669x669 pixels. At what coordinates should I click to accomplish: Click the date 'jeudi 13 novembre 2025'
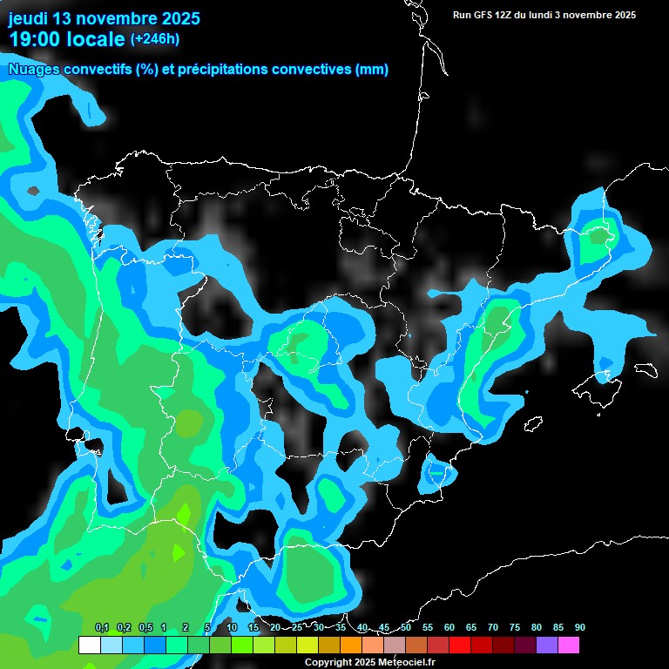104,18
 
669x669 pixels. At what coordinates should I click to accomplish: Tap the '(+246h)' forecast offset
154,38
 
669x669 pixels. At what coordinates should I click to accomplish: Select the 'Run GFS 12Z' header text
488,15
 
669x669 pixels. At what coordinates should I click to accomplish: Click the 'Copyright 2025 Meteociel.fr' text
369,662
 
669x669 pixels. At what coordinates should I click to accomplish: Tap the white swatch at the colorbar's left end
89,645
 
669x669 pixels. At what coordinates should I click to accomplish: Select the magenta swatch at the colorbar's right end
569,645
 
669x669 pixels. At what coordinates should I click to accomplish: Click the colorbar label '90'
579,627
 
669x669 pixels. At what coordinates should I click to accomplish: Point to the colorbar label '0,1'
101,627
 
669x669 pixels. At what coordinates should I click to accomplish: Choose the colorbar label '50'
406,627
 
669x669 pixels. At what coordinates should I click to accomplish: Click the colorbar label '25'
296,627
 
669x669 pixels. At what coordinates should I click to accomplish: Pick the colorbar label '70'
492,627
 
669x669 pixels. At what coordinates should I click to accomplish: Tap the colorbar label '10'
232,627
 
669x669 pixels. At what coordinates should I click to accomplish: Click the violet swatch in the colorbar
547,645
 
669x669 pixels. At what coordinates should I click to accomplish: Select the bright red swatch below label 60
460,645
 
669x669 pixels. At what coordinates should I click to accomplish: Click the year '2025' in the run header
622,15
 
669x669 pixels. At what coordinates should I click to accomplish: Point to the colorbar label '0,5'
145,627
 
